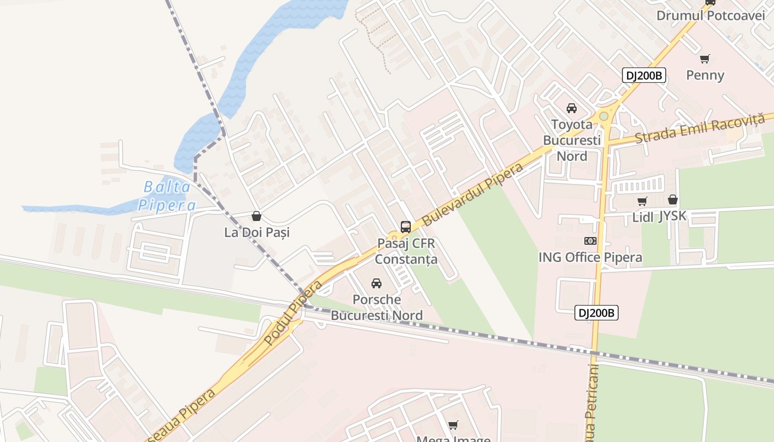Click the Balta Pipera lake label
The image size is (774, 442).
pos(167,196)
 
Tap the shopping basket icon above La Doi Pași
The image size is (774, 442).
pos(256,216)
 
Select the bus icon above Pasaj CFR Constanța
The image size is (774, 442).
pos(406,227)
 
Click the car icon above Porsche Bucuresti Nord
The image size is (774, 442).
pos(376,283)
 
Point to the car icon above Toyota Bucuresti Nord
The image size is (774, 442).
pos(572,108)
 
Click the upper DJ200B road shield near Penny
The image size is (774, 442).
pos(644,76)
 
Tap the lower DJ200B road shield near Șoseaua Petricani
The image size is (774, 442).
pos(596,313)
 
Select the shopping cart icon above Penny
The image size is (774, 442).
pos(705,59)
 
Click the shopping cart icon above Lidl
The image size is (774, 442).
pos(642,201)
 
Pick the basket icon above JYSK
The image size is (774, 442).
pos(673,199)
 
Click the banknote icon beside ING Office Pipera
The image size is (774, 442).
pos(590,241)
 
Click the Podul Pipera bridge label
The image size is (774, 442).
pos(294,313)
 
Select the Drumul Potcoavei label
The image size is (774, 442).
pos(710,15)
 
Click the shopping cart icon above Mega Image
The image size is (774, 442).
pos(453,425)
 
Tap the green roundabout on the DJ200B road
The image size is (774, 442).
pos(604,116)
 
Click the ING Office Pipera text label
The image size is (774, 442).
pos(590,257)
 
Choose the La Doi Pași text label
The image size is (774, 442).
pos(257,233)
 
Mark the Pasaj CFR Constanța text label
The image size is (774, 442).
pos(406,251)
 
